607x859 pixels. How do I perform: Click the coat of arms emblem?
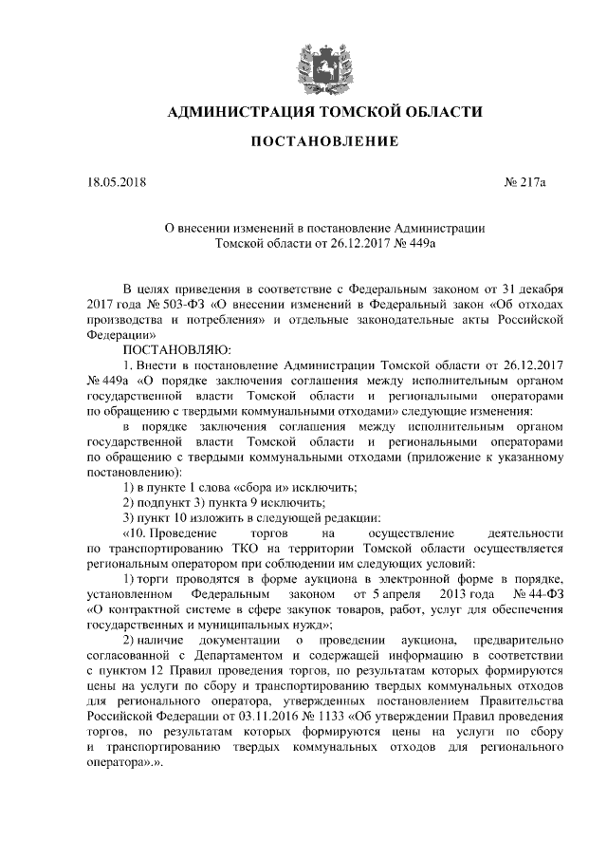coord(324,60)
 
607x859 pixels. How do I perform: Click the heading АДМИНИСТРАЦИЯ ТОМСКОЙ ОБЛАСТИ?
coord(324,113)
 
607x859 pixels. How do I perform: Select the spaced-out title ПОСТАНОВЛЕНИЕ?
coord(323,143)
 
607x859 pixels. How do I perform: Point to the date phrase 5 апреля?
coord(411,594)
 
